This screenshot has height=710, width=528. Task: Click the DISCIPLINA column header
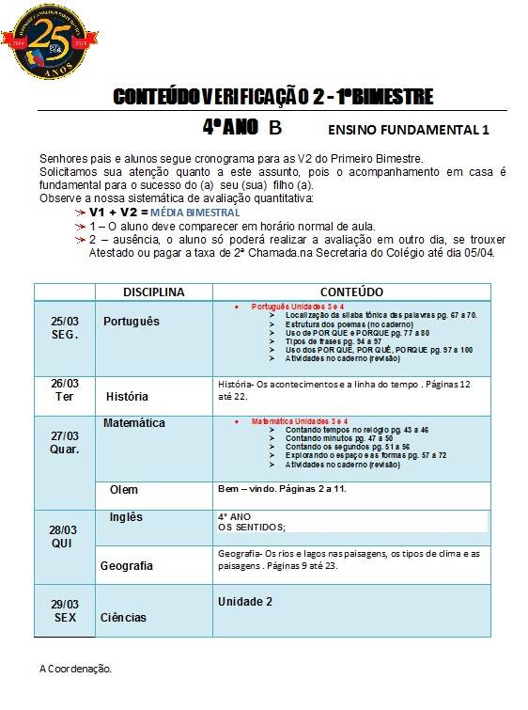point(153,292)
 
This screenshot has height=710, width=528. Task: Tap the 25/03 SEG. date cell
point(65,327)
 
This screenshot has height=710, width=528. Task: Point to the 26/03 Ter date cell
point(65,389)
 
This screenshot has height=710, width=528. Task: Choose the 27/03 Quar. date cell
point(65,442)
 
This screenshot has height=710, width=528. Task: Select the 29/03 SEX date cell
point(65,609)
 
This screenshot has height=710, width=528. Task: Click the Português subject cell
point(132,322)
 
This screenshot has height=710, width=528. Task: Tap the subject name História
point(127,397)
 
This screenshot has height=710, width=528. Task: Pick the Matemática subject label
point(134,423)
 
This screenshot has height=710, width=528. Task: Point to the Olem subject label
point(123,490)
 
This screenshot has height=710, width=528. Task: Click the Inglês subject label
point(126,517)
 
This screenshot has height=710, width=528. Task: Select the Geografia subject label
point(127,566)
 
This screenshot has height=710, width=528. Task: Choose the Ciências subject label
point(123,618)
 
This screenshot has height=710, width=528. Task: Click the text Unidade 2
point(244,601)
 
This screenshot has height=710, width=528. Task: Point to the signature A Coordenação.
point(75,669)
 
